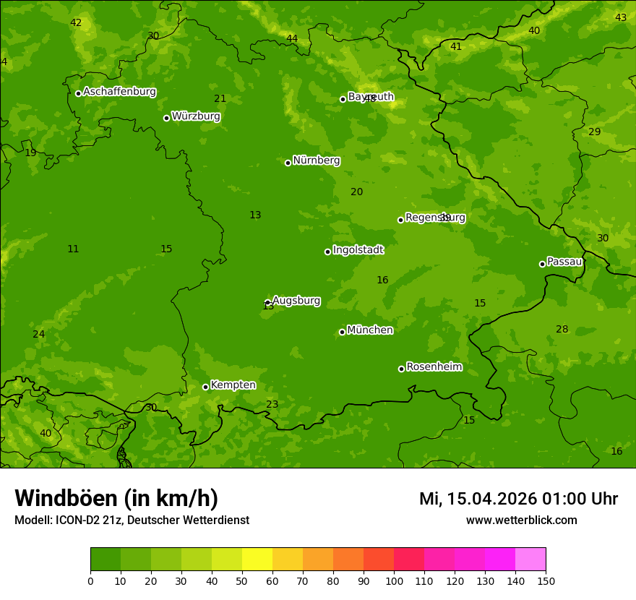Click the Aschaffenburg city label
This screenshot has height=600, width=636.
[x=119, y=92]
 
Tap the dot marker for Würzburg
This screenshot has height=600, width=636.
[x=166, y=118]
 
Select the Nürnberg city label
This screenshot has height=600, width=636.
[x=316, y=160]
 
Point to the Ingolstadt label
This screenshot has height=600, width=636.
[x=358, y=250]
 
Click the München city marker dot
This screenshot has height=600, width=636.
[x=342, y=332]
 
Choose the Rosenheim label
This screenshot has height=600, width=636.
[x=434, y=367]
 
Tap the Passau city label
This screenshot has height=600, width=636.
[x=564, y=262]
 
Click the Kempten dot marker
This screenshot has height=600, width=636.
[x=205, y=387]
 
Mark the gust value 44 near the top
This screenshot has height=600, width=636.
[x=292, y=38]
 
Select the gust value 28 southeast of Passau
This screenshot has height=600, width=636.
[x=562, y=330]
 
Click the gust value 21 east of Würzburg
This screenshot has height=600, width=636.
[x=220, y=98]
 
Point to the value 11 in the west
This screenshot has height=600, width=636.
[x=73, y=249]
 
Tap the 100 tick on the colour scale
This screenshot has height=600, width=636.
[x=394, y=580]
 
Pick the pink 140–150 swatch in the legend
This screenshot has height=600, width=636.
[x=530, y=559]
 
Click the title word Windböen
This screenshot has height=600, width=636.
[x=66, y=499]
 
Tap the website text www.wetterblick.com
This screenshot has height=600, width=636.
[x=521, y=520]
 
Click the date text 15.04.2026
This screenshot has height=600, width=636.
[x=492, y=499]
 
